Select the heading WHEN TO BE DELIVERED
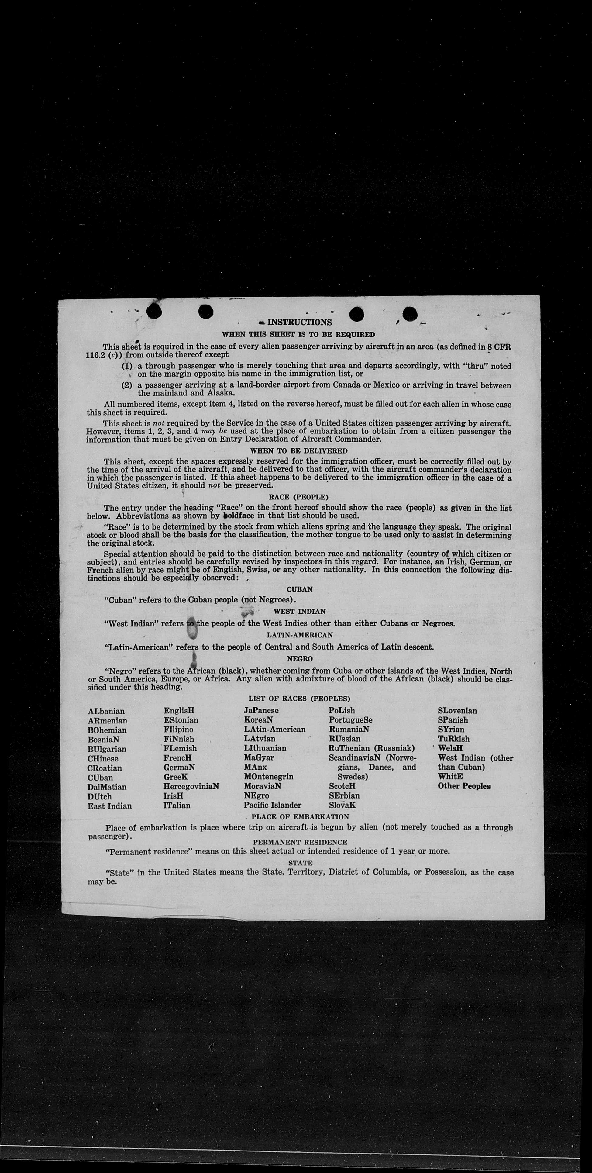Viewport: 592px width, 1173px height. click(299, 451)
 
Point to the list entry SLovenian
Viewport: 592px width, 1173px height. click(457, 711)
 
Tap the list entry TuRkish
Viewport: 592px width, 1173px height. click(453, 739)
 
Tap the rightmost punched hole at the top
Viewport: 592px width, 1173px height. click(410, 313)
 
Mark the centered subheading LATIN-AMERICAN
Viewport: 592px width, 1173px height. click(300, 634)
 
